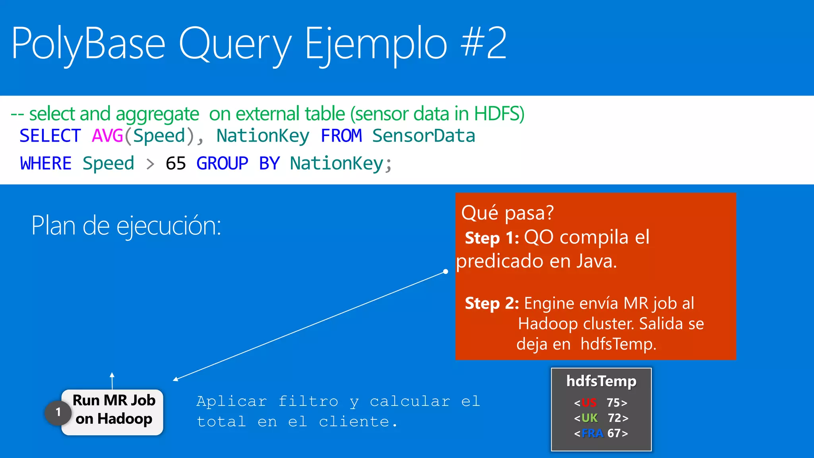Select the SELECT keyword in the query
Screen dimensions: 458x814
click(x=50, y=136)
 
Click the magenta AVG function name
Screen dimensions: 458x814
click(x=107, y=136)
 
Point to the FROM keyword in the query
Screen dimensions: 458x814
click(x=341, y=136)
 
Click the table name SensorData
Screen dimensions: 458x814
click(x=423, y=136)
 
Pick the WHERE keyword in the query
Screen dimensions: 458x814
click(x=46, y=163)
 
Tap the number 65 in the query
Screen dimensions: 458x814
click(x=176, y=163)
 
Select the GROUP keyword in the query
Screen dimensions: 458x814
click(x=222, y=163)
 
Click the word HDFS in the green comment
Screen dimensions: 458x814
click(x=499, y=114)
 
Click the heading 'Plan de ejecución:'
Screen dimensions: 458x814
click(x=126, y=226)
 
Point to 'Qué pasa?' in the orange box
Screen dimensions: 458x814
click(x=507, y=213)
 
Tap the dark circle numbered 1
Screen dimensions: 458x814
click(x=58, y=413)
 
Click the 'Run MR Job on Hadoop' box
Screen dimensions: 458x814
click(x=114, y=410)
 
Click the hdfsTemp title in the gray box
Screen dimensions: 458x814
click(x=601, y=381)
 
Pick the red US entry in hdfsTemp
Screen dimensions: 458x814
click(x=589, y=403)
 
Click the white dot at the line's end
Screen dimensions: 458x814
click(x=446, y=272)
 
